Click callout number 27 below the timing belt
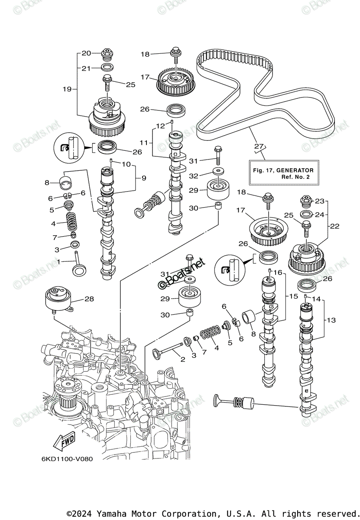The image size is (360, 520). click(259, 146)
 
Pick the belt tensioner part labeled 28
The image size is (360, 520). click(58, 299)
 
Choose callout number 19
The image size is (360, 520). click(66, 89)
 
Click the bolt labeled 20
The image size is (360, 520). click(106, 55)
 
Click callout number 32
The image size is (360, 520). click(194, 175)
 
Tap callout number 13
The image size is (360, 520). click(331, 320)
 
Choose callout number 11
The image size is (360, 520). click(143, 142)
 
